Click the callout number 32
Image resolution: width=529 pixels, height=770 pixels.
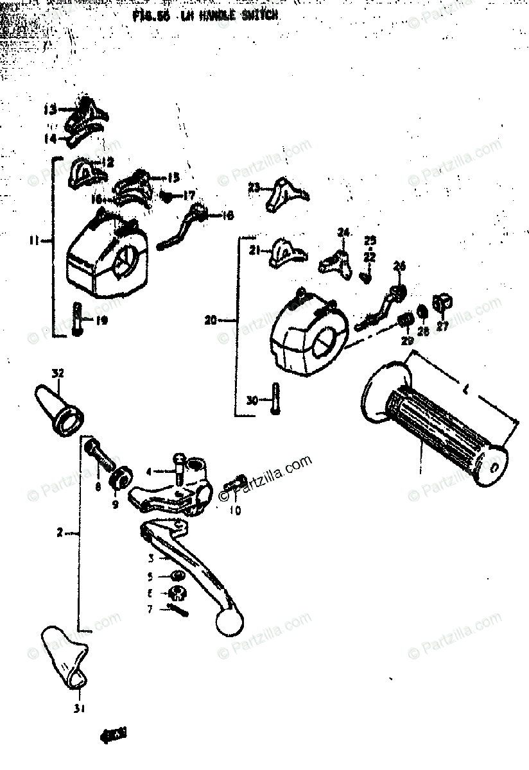pyautogui.click(x=58, y=373)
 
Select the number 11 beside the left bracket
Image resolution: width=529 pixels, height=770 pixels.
pyautogui.click(x=35, y=241)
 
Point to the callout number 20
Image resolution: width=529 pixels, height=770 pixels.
pyautogui.click(x=211, y=319)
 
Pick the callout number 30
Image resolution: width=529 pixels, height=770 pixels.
pyautogui.click(x=252, y=400)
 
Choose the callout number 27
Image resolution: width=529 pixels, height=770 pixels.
pyautogui.click(x=442, y=325)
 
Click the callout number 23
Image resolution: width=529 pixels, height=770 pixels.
pyautogui.click(x=254, y=187)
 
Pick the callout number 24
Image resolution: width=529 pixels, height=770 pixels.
pyautogui.click(x=343, y=232)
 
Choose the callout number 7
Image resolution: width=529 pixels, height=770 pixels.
pyautogui.click(x=150, y=608)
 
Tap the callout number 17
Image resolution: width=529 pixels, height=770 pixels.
pyautogui.click(x=189, y=194)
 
